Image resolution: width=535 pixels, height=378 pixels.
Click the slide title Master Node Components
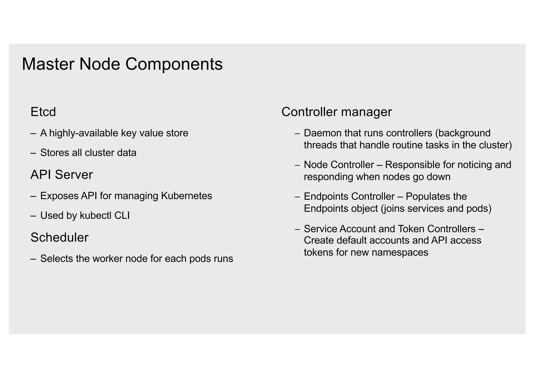[x=122, y=64]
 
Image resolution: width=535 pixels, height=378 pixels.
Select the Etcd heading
[x=43, y=112]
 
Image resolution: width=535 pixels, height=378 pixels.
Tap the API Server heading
[x=61, y=175]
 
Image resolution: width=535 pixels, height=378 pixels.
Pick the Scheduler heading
[x=59, y=238]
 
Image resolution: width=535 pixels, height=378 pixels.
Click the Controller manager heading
[x=336, y=112]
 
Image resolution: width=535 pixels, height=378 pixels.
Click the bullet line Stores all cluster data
[x=88, y=153]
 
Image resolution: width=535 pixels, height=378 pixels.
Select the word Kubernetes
[x=186, y=196]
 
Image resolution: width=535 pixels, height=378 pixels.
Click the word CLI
[x=122, y=216]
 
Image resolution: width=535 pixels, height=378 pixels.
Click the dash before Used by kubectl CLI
[x=33, y=216]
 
